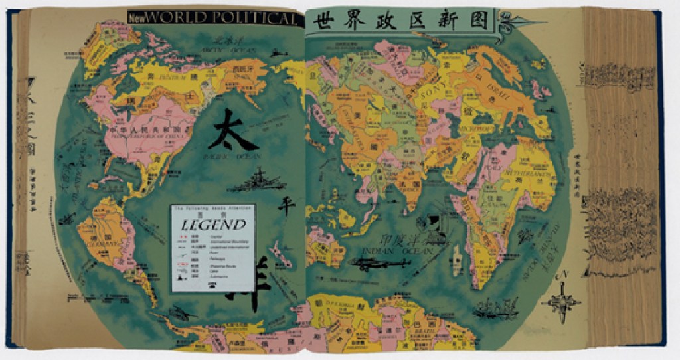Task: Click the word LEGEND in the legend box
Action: [211, 225]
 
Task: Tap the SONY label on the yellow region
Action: [436, 96]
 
